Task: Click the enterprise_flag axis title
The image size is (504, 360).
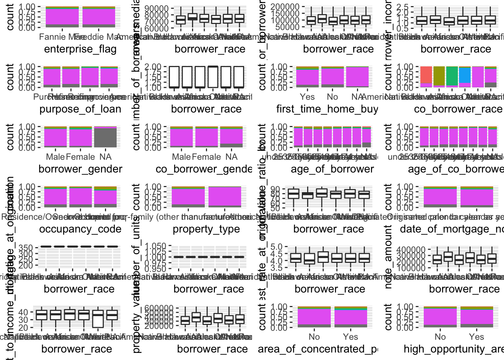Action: pos(80,49)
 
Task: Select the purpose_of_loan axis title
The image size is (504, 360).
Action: pos(80,109)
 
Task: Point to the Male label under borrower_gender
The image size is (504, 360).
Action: pos(55,157)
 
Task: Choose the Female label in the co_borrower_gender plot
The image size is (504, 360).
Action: pos(206,157)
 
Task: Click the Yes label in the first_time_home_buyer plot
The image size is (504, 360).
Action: pos(307,97)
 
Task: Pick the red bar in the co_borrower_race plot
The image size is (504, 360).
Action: pos(426,75)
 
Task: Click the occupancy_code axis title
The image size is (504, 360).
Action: pos(80,229)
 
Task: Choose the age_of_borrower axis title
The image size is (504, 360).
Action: pos(332,169)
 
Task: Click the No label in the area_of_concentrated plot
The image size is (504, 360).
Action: pos(314,337)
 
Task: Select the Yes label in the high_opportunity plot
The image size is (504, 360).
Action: pos(476,337)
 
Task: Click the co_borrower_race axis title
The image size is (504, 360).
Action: pos(457,109)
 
